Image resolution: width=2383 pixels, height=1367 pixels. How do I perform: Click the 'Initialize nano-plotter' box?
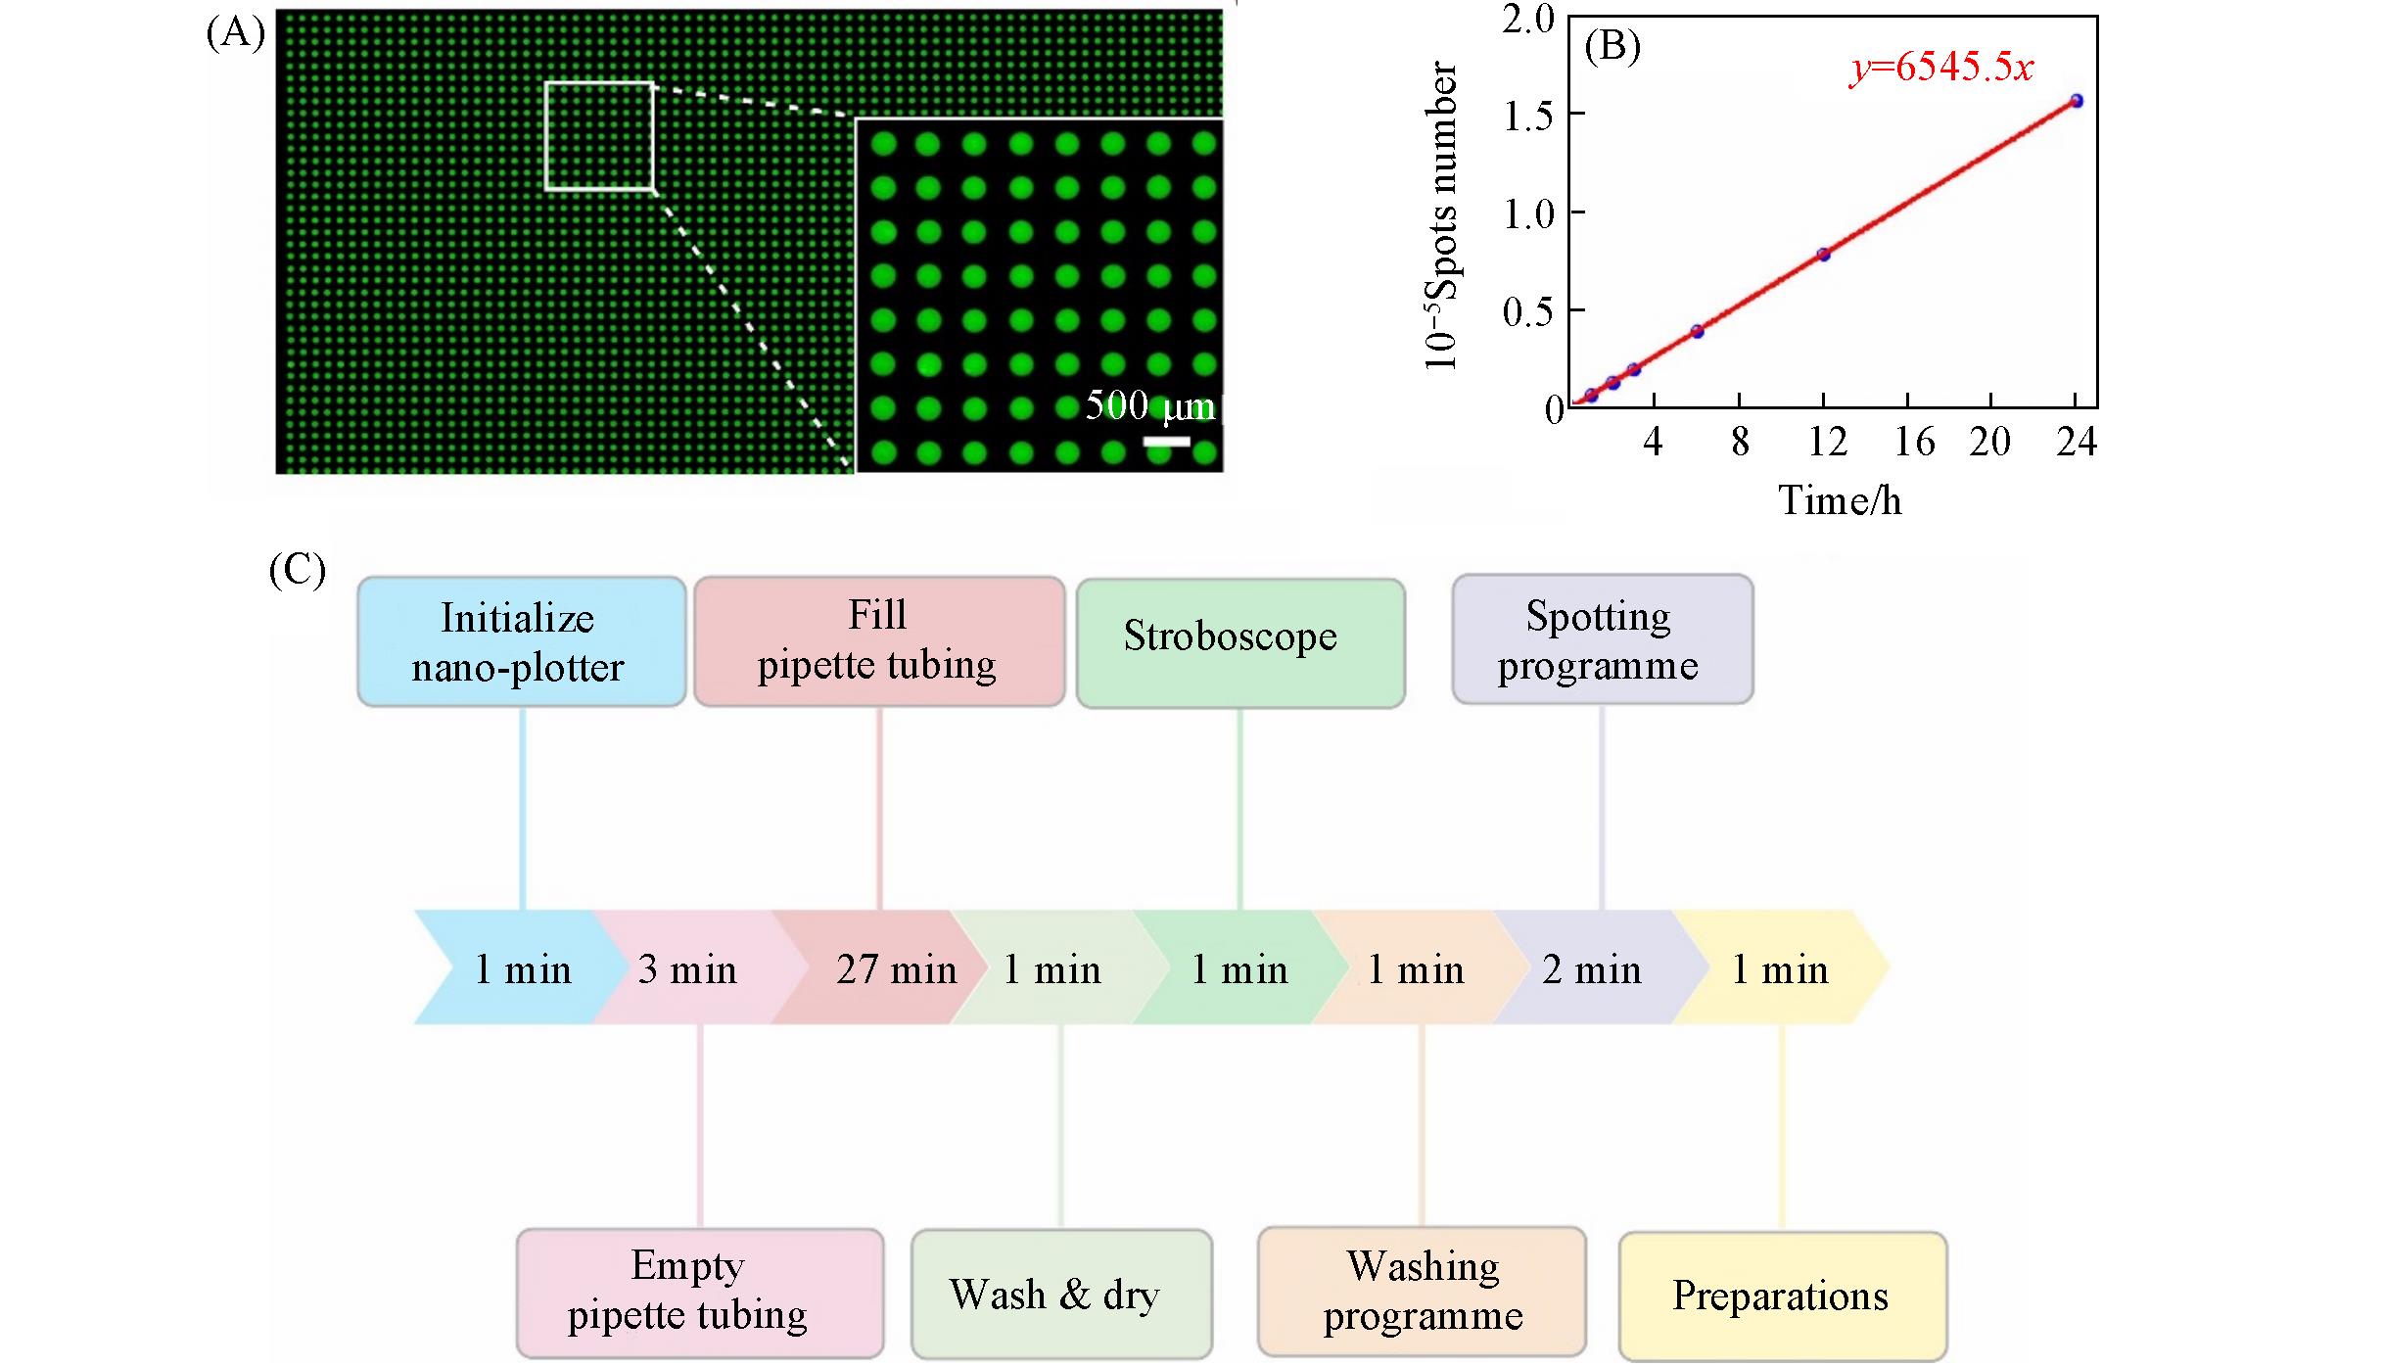click(521, 641)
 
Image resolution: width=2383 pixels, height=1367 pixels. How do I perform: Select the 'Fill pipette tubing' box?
click(878, 640)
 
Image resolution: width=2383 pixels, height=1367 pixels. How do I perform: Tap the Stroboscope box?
click(1239, 641)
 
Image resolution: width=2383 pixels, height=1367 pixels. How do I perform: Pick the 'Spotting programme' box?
click(1602, 638)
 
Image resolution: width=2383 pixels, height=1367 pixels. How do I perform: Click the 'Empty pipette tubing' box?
click(699, 1292)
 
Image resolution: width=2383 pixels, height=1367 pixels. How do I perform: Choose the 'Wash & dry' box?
click(1060, 1294)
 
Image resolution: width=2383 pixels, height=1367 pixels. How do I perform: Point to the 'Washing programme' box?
click(1421, 1292)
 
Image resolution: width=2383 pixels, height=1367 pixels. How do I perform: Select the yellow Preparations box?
click(1782, 1295)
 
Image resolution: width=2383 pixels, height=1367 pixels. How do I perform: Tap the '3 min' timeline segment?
click(688, 967)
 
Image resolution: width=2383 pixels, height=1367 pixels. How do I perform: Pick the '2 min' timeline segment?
click(1591, 967)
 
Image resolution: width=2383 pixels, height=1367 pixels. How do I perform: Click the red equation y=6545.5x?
click(1940, 68)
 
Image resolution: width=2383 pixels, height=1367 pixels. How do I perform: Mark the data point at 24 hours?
click(2076, 101)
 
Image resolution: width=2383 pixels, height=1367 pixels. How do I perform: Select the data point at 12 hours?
click(1823, 255)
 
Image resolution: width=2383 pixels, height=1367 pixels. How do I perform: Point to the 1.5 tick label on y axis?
click(1528, 117)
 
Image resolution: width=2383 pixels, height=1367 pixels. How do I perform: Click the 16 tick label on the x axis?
click(1913, 443)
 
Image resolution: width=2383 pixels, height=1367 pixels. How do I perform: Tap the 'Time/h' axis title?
click(1840, 500)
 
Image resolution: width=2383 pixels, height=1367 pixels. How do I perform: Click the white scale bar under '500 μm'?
click(1166, 443)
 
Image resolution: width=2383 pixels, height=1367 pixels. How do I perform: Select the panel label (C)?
click(297, 570)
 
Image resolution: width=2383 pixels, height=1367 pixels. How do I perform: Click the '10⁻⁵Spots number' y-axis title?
click(1441, 215)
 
